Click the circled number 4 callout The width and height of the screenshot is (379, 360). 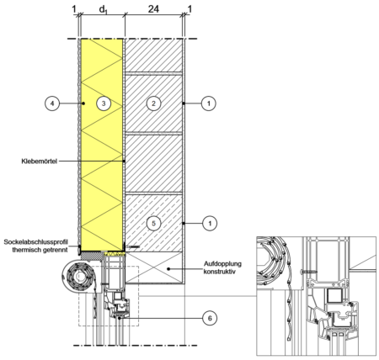coord(52,103)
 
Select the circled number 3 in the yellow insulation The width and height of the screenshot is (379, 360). coord(104,103)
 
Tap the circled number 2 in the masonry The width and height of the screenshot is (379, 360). coord(153,103)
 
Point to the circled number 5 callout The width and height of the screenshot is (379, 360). coord(153,223)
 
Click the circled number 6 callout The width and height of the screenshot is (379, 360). coord(210,318)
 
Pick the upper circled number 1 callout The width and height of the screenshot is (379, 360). coord(209,103)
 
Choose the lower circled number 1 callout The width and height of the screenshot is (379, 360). coord(210,223)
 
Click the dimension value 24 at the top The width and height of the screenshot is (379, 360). coord(153,9)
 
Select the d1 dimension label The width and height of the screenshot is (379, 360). coord(103,9)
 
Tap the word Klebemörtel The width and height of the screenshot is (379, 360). coord(40,161)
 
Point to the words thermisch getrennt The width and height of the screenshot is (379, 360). coord(40,250)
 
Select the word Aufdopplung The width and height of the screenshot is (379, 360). coord(222,264)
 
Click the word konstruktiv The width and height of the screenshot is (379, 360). coord(220,271)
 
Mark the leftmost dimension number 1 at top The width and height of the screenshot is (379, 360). coord(74,9)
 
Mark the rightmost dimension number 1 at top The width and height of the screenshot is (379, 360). coord(189,9)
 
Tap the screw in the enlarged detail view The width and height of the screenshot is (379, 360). coord(308,272)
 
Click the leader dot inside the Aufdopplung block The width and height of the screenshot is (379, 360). coord(168,268)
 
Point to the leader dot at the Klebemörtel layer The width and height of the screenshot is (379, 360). coord(124,161)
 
